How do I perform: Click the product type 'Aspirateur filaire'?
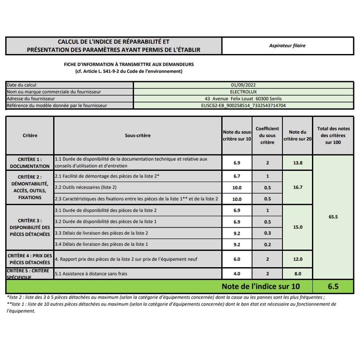(287, 46)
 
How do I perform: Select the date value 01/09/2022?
(243, 85)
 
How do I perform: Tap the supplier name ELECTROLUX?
(243, 92)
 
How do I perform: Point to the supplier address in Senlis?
(243, 98)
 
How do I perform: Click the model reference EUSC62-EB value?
(243, 106)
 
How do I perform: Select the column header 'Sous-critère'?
(138, 136)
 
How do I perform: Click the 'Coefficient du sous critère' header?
(267, 136)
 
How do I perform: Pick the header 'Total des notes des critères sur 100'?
(333, 136)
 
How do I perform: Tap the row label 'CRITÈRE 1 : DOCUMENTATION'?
(30, 162)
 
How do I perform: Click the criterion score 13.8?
(298, 163)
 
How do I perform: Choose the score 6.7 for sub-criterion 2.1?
(237, 176)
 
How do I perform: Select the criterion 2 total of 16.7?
(298, 187)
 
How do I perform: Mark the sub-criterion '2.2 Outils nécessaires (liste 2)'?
(86, 187)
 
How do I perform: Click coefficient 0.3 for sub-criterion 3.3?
(267, 233)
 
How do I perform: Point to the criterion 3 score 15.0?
(298, 227)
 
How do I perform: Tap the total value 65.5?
(333, 217)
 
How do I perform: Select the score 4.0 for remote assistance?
(237, 274)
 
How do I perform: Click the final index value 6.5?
(333, 286)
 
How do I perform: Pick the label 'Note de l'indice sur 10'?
(260, 286)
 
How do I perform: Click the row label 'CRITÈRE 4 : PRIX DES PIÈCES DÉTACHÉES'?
(30, 259)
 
